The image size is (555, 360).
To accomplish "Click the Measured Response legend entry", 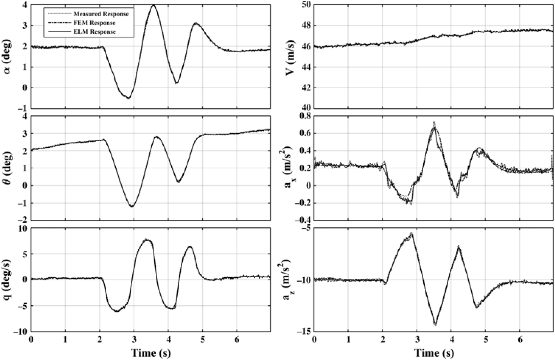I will point(101,14).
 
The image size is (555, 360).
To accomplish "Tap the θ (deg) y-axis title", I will point(8,168).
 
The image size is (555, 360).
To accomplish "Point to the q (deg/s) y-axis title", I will point(8,279).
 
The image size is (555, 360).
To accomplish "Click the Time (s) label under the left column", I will point(151,352).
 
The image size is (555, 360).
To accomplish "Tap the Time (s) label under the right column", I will point(434,352).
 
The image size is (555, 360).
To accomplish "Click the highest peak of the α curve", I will point(154,5).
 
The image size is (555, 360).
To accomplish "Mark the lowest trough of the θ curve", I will point(132,207).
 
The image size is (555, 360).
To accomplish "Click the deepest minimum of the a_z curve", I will point(435,324).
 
